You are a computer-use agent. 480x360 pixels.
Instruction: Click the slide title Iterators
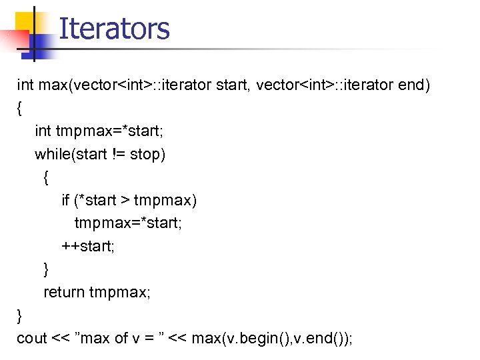[x=114, y=29]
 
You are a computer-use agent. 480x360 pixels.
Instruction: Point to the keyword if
[x=65, y=200]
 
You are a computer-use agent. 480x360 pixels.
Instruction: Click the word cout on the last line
[x=32, y=338]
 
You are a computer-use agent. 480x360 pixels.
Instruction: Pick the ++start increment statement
[x=89, y=246]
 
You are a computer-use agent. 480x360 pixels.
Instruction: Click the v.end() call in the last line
[x=319, y=338]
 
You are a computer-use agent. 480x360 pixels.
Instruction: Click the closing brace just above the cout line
[x=20, y=314]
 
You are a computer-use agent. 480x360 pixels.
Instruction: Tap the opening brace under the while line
[x=46, y=177]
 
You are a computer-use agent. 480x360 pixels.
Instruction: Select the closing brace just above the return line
[x=46, y=269]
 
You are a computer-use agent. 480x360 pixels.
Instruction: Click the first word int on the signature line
[x=25, y=85]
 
